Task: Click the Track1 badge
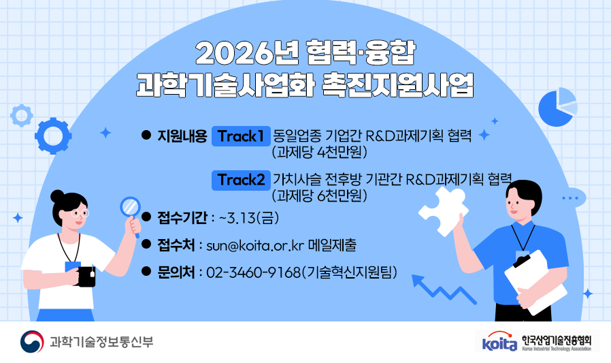point(240,136)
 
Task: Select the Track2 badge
point(241,180)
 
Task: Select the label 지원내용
point(182,136)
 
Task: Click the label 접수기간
point(182,218)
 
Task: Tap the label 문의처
point(176,272)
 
